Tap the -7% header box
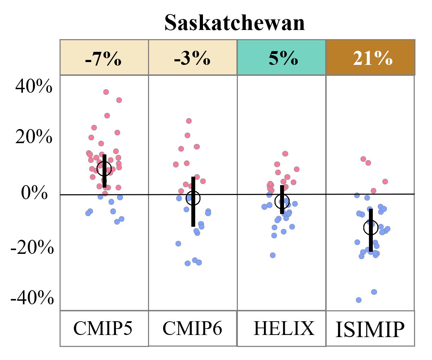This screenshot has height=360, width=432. tap(104, 57)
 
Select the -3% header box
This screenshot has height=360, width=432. tap(192, 57)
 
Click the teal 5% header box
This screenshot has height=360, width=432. tap(282, 57)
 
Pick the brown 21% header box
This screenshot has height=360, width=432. tap(371, 57)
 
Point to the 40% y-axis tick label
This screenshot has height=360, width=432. tap(34, 86)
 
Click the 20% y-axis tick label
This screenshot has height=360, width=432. tap(34, 137)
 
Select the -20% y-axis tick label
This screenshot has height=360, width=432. tap(32, 248)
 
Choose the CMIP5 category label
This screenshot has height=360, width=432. tap(103, 328)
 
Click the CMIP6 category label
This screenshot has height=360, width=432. tap(192, 328)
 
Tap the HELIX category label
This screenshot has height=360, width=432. tap(284, 328)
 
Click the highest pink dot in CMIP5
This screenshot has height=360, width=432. tap(106, 92)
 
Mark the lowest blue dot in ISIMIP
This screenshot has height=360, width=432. tap(359, 300)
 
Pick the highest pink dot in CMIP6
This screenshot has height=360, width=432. tap(189, 121)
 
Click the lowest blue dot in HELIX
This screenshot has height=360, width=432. tap(273, 255)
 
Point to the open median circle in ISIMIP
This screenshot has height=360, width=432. tap(371, 227)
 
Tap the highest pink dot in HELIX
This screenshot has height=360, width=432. tap(285, 154)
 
